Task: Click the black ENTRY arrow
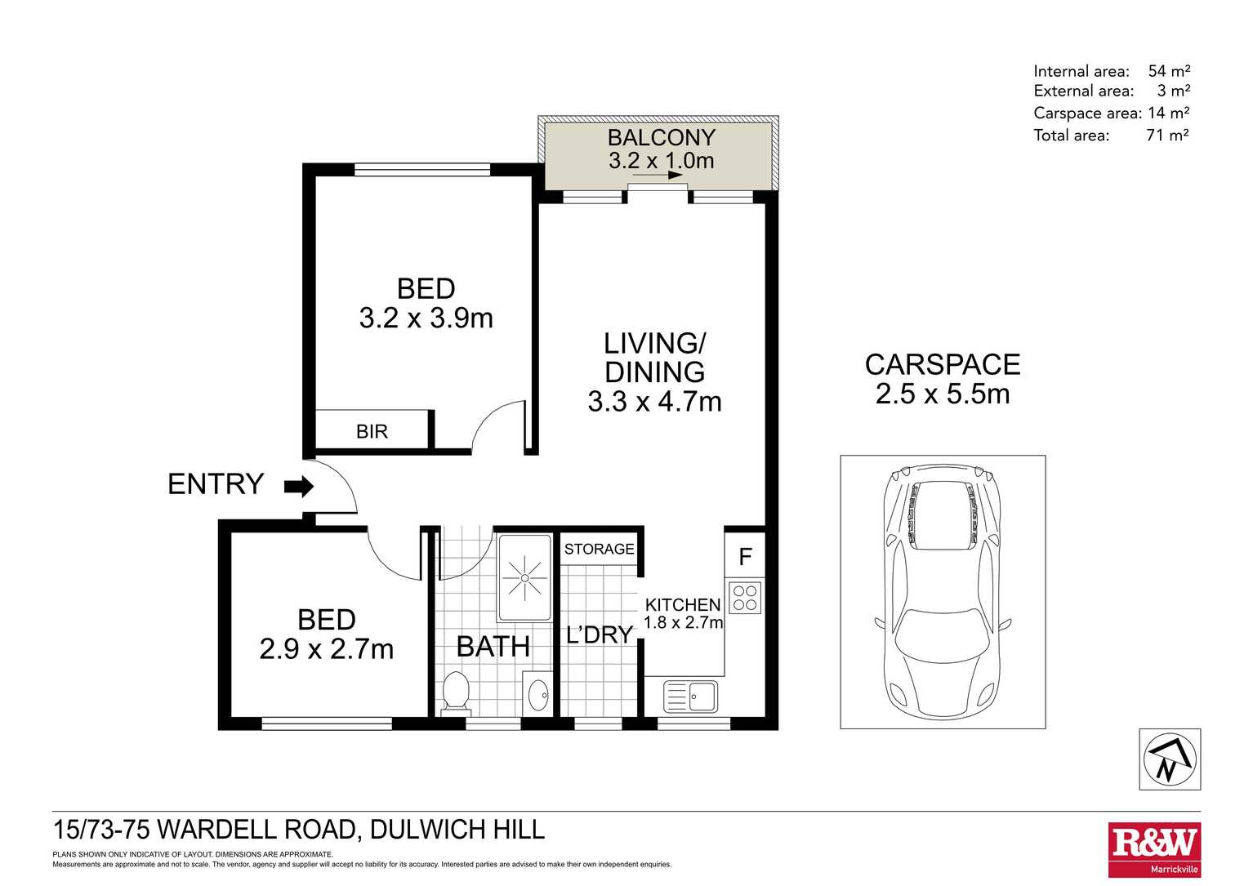(299, 488)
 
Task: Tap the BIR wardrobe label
(372, 431)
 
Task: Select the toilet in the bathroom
(455, 693)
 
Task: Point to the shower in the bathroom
(524, 578)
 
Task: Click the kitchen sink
(690, 697)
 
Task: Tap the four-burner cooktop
(745, 597)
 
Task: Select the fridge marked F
(745, 557)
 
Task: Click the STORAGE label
(599, 549)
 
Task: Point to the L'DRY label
(600, 634)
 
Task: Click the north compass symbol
(1170, 759)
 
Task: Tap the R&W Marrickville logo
(1154, 850)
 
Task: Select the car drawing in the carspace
(943, 591)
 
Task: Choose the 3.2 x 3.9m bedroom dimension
(426, 318)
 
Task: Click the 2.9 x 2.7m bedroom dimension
(327, 649)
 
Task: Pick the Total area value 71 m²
(1167, 136)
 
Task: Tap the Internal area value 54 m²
(1169, 71)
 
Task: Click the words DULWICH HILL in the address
(457, 830)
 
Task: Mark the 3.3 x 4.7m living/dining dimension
(654, 402)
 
